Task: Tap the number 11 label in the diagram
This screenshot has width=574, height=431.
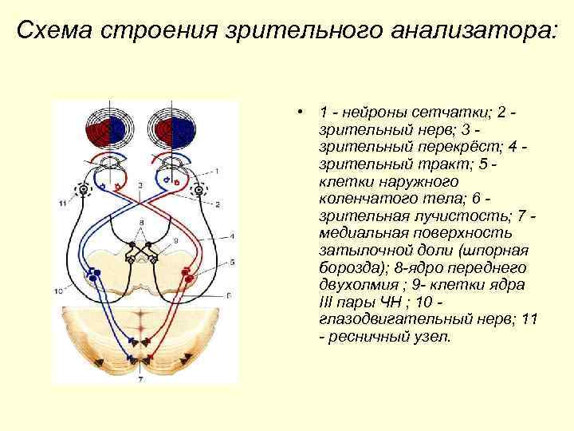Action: pos(62,204)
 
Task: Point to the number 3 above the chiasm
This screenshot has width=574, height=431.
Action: pos(140,185)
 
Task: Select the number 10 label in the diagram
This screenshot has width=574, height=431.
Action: pos(58,291)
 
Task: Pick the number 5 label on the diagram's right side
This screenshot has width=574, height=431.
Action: pos(232,262)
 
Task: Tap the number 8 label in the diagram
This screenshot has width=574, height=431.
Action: pos(141,220)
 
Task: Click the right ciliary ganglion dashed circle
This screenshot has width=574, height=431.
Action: pos(200,191)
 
